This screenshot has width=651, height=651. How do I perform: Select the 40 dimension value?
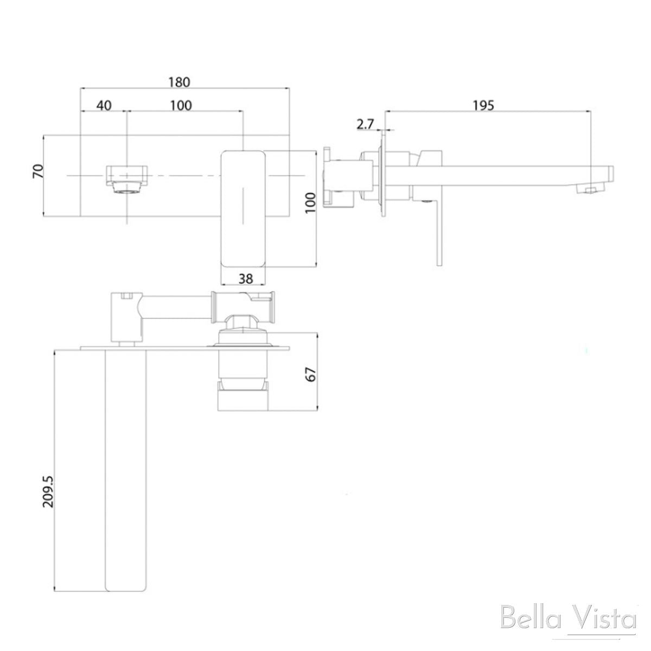coord(104,105)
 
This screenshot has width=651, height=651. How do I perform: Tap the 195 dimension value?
coord(483,105)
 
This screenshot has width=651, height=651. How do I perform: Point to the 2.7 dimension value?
coord(365,124)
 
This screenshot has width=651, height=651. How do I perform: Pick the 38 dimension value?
coord(245,278)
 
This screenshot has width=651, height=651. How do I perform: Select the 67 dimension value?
coord(310,373)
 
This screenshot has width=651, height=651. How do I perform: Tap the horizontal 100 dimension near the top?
coord(181,105)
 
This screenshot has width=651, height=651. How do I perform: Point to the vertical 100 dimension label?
coord(309,202)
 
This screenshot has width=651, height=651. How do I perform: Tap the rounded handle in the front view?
coord(242,209)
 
